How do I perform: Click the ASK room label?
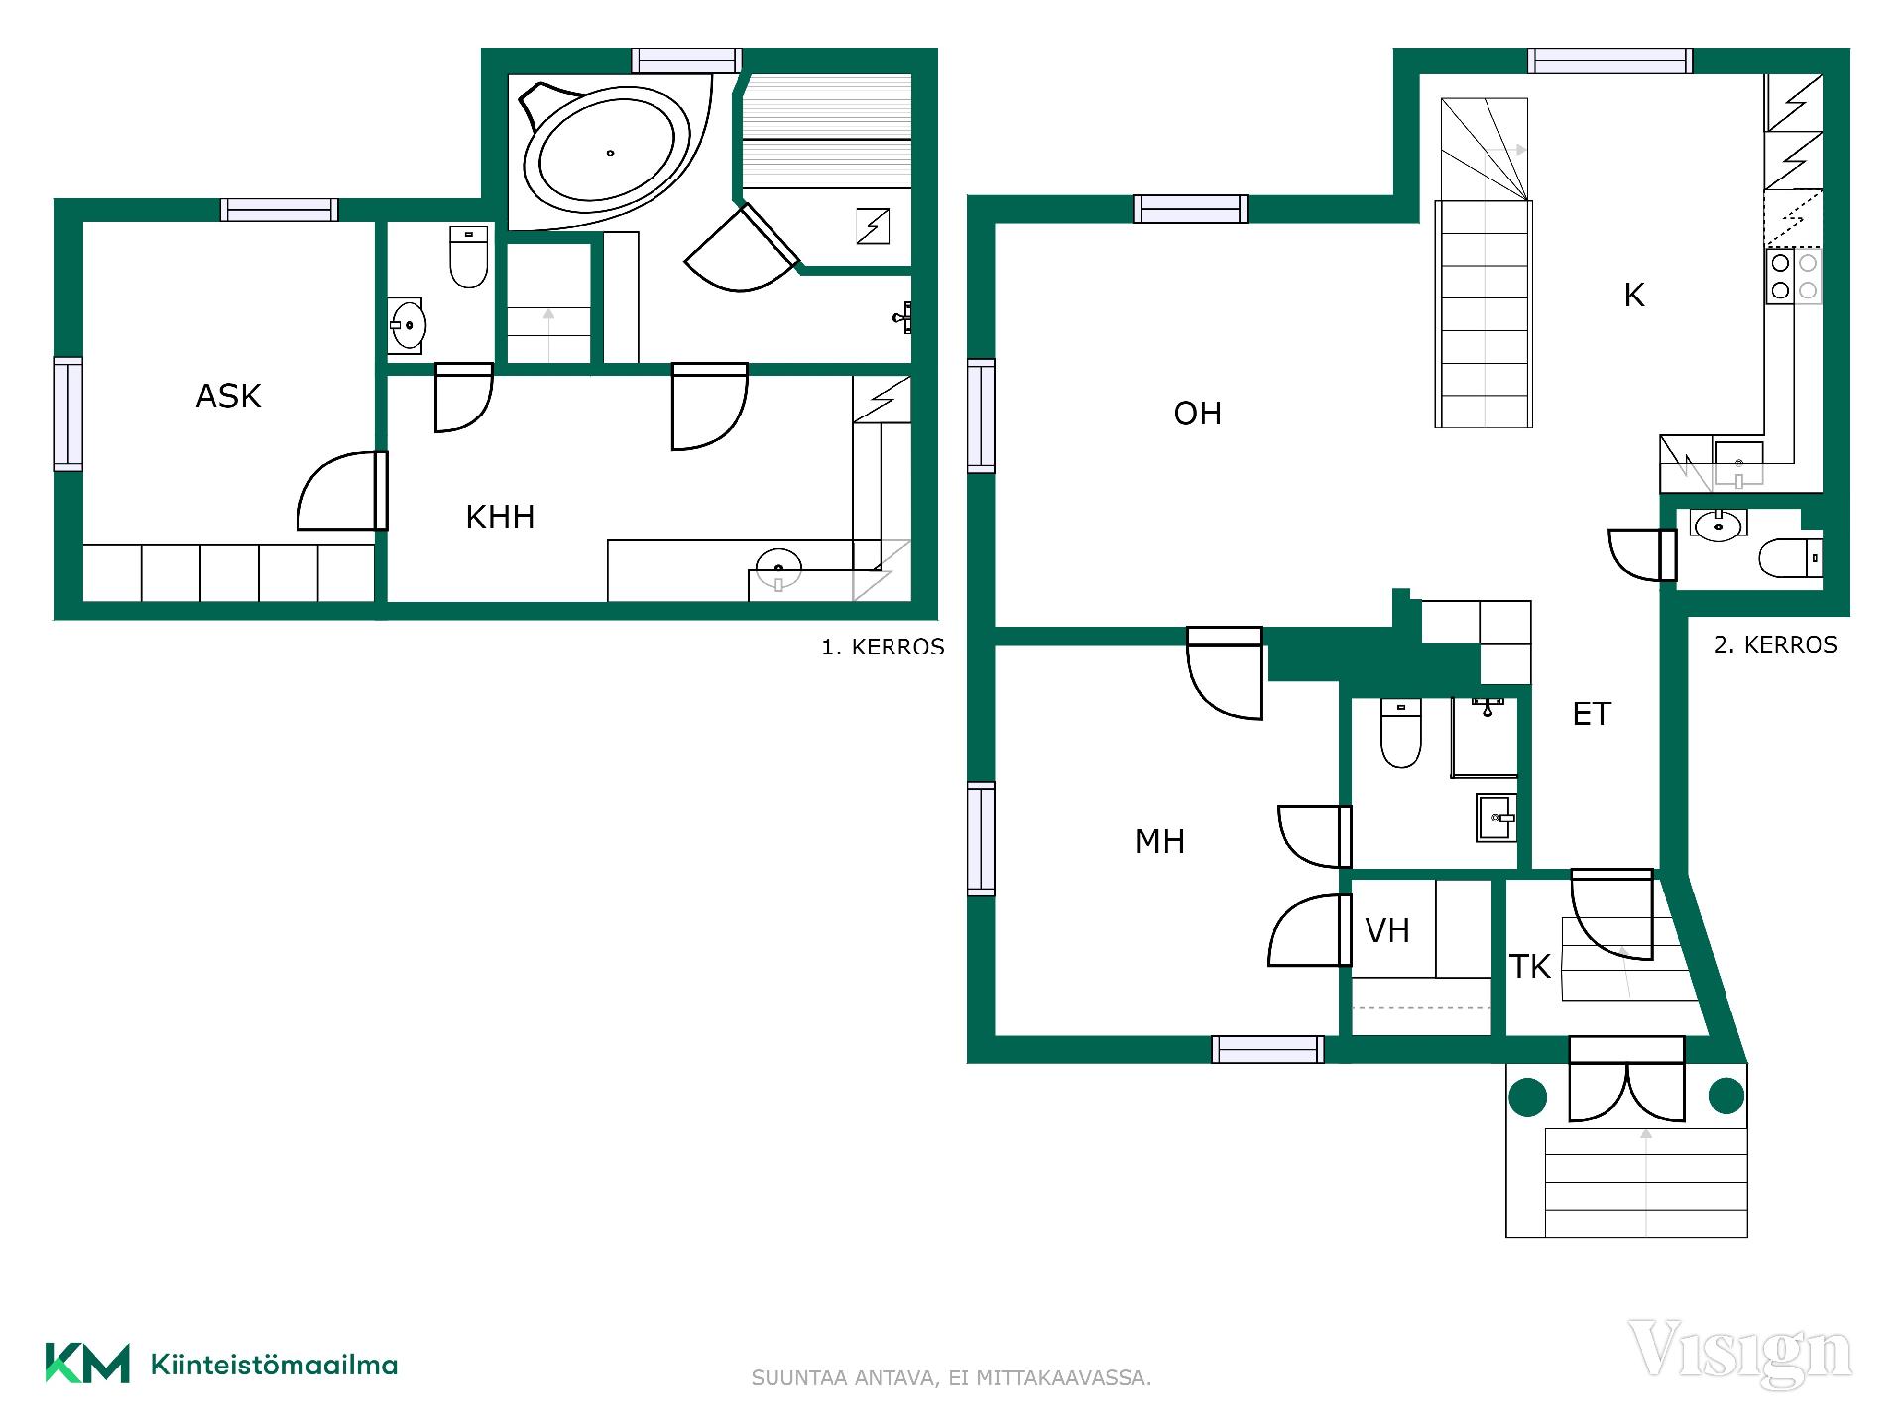tap(228, 396)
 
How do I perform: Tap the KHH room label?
tap(500, 517)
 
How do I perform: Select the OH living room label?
tap(1197, 414)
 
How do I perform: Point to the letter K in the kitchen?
tap(1634, 295)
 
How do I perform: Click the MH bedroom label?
tap(1160, 842)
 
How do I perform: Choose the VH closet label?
tap(1387, 930)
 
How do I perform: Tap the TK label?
tap(1529, 966)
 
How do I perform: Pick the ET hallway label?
tap(1592, 714)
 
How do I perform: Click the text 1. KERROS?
tap(883, 648)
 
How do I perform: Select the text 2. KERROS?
tap(1775, 645)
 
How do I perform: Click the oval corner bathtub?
tap(608, 152)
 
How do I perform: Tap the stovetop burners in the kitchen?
tap(1794, 277)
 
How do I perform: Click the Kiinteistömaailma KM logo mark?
tap(87, 1363)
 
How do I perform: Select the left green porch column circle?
tap(1527, 1096)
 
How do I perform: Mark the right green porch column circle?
tap(1726, 1096)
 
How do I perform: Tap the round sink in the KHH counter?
tap(778, 568)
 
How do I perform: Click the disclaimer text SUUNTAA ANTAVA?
tap(843, 1378)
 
